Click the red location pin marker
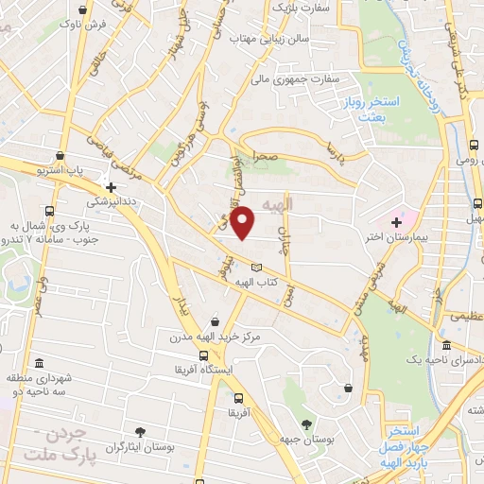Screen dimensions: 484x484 [x=244, y=222]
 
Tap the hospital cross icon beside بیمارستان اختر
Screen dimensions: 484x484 [x=396, y=220]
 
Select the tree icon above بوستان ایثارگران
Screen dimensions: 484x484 [x=141, y=431]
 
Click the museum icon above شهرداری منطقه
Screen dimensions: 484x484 [x=39, y=363]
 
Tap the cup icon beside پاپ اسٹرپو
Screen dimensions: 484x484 [x=60, y=155]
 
